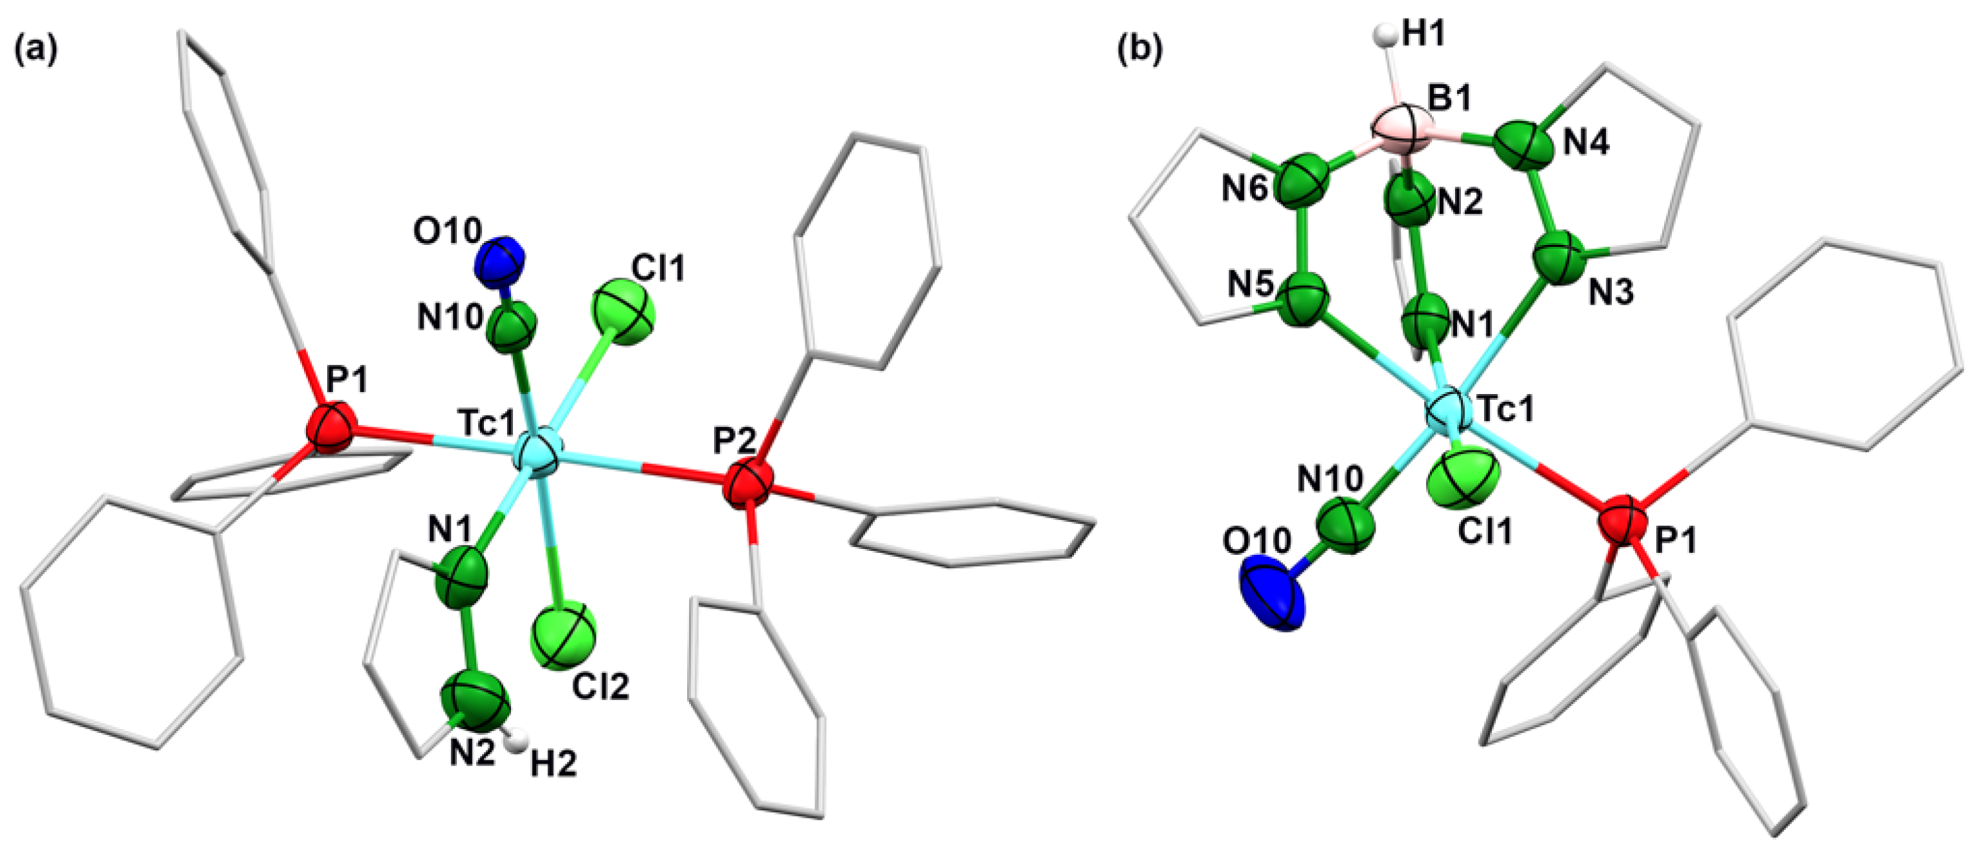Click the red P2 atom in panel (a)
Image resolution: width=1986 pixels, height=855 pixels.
pyautogui.click(x=747, y=482)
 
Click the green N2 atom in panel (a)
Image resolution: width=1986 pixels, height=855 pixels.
pyautogui.click(x=476, y=700)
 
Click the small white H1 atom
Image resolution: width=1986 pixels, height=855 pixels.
pyautogui.click(x=1386, y=35)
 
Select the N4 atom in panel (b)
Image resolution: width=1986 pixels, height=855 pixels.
pyautogui.click(x=1524, y=143)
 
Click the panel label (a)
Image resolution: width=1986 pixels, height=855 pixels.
pyautogui.click(x=35, y=50)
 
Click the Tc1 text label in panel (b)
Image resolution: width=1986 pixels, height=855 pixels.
pyautogui.click(x=1504, y=409)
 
